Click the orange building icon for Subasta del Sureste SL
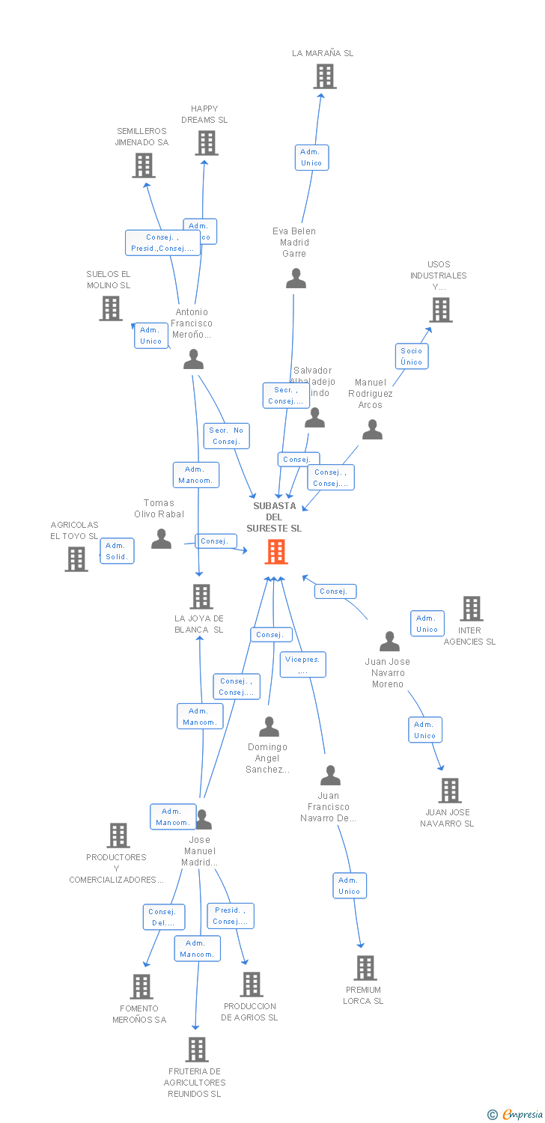pos(276,552)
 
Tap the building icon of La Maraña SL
pos(324,76)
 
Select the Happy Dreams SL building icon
pos(206,143)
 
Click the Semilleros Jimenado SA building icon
pos(143,165)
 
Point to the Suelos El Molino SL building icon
pos(110,308)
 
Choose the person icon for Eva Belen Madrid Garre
pos(296,279)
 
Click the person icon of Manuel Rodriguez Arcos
pos(372,430)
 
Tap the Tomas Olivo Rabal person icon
pos(161,539)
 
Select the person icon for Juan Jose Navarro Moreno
pos(389,642)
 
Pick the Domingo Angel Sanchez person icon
pos(269,727)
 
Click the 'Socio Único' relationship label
pos(411,356)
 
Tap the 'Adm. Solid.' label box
pos(117,551)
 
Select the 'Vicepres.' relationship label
pos(302,665)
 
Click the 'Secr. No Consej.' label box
pos(226,436)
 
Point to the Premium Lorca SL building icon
pos(365,968)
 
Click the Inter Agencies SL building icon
pos(471,609)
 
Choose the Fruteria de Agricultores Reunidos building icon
pos(196,1050)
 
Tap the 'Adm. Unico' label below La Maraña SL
pos(311,157)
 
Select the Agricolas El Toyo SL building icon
pos(76,559)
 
